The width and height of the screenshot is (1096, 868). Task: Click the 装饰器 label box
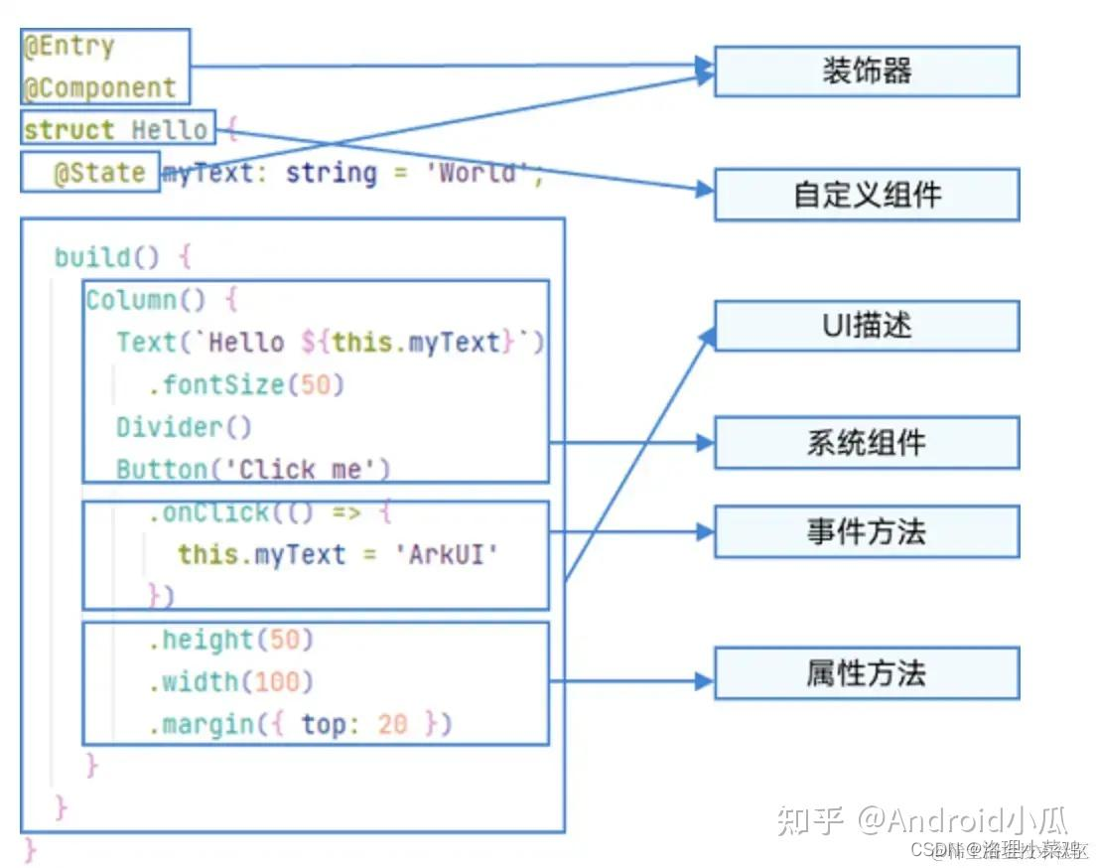tap(867, 71)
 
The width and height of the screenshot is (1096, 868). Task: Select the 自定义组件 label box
tap(867, 194)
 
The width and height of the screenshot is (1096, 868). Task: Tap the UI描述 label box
tap(867, 326)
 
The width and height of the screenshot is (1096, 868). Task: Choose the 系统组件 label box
tap(867, 442)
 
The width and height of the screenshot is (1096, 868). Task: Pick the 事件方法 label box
tap(867, 531)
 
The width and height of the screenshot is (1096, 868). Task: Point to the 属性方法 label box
tap(867, 673)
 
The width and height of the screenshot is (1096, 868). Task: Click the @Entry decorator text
tap(69, 47)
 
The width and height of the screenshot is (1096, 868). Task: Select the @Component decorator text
tap(99, 87)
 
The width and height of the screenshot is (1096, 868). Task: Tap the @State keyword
tap(99, 173)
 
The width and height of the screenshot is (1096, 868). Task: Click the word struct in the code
tap(68, 130)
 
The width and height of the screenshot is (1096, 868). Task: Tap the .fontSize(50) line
tap(246, 384)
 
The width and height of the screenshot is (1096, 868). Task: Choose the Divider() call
tap(184, 427)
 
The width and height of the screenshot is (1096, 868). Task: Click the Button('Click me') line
tap(253, 469)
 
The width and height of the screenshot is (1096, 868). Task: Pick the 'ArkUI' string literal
tap(452, 554)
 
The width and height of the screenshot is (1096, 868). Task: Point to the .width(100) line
tap(230, 681)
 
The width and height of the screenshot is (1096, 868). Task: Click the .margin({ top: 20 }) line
tap(300, 724)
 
